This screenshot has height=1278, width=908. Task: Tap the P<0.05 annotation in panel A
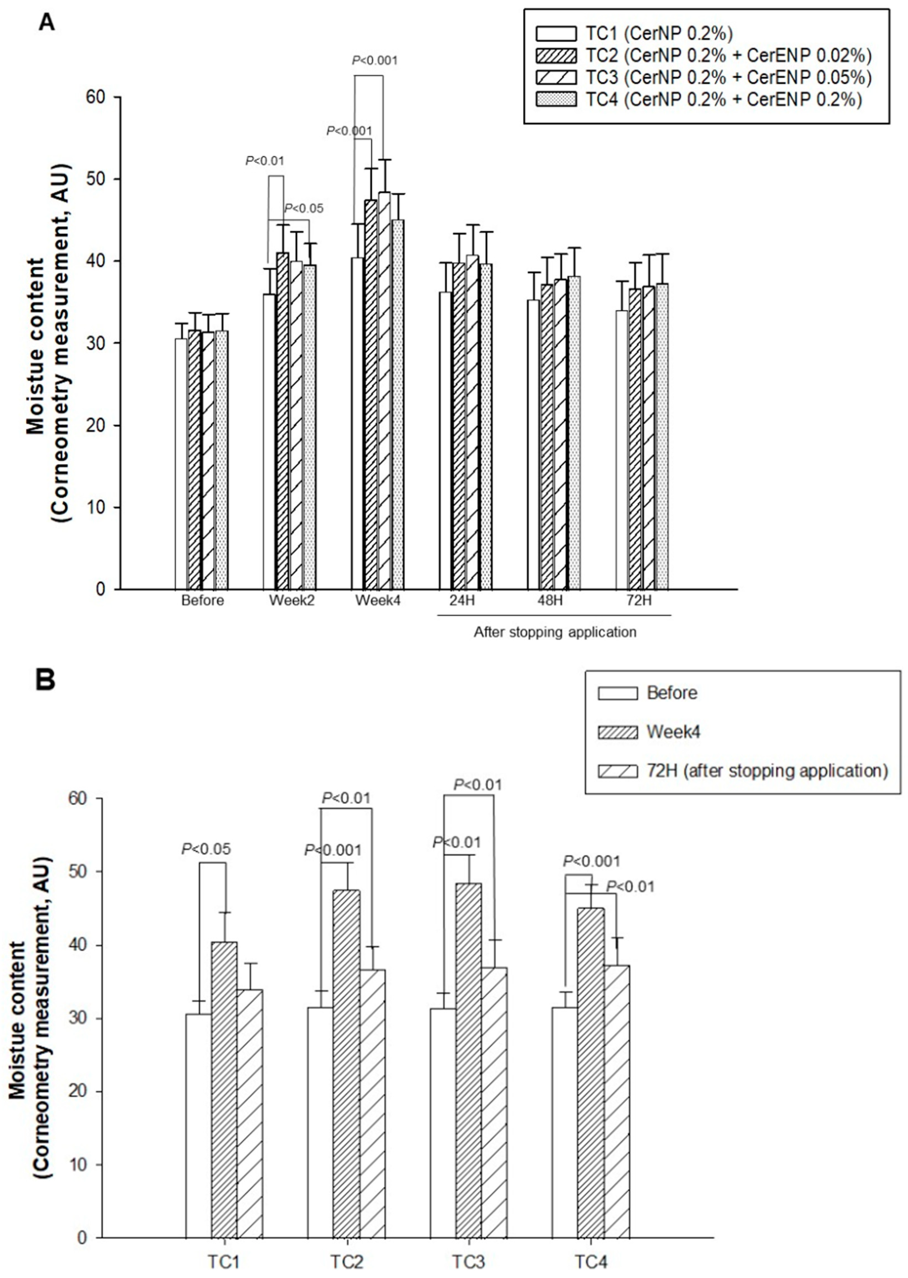click(x=304, y=209)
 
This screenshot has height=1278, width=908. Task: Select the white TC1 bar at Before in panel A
click(x=181, y=464)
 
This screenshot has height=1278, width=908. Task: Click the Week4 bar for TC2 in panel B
click(x=347, y=1062)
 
